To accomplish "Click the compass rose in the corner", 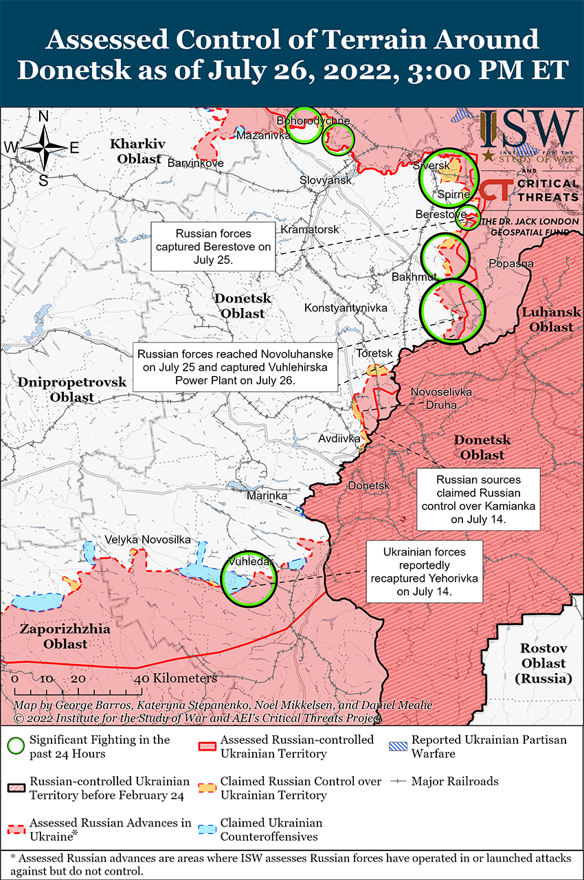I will pyautogui.click(x=42, y=147).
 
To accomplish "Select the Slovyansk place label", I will pyautogui.click(x=325, y=180).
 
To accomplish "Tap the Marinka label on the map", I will pyautogui.click(x=267, y=495).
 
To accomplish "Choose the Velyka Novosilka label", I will pyautogui.click(x=148, y=540).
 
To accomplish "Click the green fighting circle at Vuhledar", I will pyautogui.click(x=250, y=578).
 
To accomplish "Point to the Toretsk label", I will pyautogui.click(x=374, y=353).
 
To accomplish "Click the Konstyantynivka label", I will pyautogui.click(x=346, y=307).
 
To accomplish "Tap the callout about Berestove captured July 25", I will pyautogui.click(x=213, y=247).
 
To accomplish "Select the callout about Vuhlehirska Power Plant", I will pyautogui.click(x=235, y=367).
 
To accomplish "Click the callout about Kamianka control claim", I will pyautogui.click(x=478, y=500).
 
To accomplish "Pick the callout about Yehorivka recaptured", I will pyautogui.click(x=424, y=571).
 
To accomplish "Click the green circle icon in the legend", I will pyautogui.click(x=17, y=746).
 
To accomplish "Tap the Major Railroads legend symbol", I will pyautogui.click(x=398, y=782).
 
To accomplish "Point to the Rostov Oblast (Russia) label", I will pyautogui.click(x=543, y=663).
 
